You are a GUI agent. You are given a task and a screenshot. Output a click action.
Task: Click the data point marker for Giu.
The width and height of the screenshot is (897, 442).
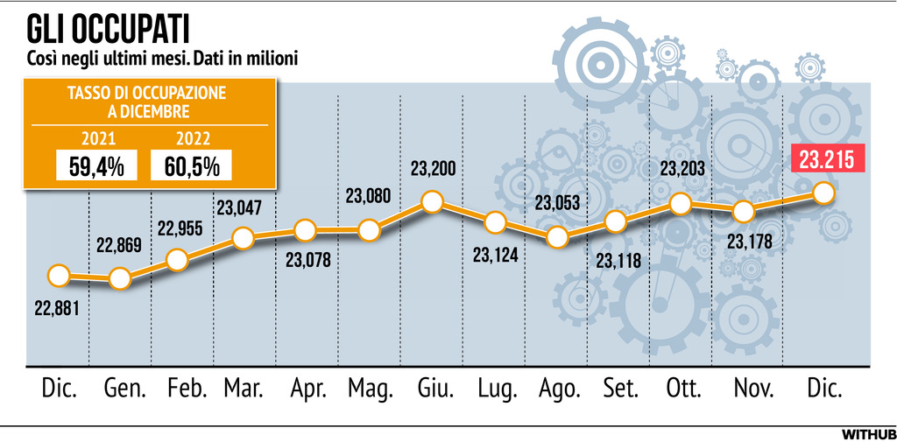[x=431, y=202]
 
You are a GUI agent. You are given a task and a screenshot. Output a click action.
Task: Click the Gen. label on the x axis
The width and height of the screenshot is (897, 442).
[x=124, y=389]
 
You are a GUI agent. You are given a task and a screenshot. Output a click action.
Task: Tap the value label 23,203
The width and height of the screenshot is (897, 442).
[x=682, y=169]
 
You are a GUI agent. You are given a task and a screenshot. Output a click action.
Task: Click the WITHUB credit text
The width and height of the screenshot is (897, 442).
[x=869, y=433]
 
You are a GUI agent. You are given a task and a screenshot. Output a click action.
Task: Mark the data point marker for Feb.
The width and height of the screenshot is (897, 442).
[x=177, y=259]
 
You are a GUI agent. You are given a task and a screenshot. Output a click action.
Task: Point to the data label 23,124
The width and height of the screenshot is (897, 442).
[x=496, y=256]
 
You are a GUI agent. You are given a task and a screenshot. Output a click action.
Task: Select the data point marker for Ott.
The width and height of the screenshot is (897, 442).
[x=681, y=203]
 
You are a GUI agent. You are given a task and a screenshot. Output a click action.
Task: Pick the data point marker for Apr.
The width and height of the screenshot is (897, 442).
[x=305, y=230]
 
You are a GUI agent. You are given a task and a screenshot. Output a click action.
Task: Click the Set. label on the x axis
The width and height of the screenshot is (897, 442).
[x=620, y=389]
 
